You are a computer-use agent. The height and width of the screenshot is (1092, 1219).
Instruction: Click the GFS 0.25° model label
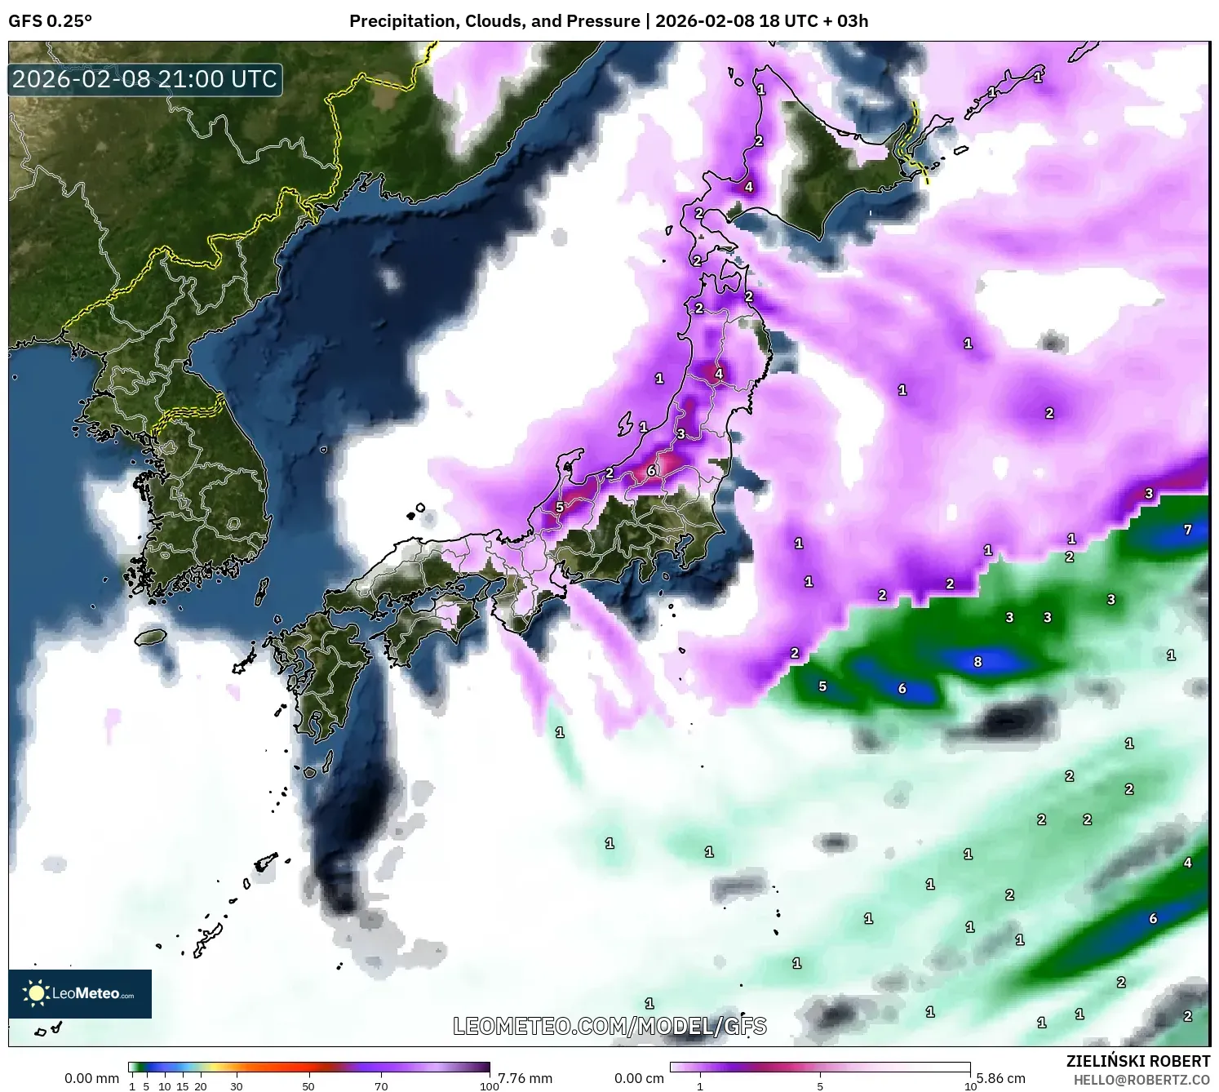(x=50, y=21)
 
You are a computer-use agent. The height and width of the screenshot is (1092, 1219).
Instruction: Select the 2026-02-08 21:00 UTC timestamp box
(x=145, y=79)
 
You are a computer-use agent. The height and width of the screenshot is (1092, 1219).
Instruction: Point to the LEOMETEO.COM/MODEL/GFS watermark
(x=609, y=1026)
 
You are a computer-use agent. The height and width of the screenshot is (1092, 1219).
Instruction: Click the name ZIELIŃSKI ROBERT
(x=1138, y=1061)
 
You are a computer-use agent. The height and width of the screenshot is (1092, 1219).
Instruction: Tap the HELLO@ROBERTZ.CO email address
(x=1141, y=1080)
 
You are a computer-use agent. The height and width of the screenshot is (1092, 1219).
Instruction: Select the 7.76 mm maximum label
(x=525, y=1078)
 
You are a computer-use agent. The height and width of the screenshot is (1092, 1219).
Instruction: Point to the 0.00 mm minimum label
(x=91, y=1078)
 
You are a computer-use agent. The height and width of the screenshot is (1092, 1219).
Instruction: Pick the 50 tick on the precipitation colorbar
(x=308, y=1086)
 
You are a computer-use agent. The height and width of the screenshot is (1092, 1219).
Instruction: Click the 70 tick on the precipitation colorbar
(x=381, y=1086)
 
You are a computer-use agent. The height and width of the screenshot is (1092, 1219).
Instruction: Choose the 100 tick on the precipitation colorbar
(x=489, y=1086)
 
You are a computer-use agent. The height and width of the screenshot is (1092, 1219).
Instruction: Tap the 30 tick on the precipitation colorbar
(x=237, y=1086)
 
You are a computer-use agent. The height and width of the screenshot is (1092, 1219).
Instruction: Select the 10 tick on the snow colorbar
(x=970, y=1086)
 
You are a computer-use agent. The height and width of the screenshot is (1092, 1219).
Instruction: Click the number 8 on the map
(x=977, y=662)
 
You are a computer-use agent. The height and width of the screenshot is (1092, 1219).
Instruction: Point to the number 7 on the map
(x=1187, y=530)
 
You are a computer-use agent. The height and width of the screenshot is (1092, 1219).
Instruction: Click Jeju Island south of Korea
(x=151, y=636)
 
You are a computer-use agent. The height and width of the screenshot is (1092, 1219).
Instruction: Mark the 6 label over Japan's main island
(x=651, y=471)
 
